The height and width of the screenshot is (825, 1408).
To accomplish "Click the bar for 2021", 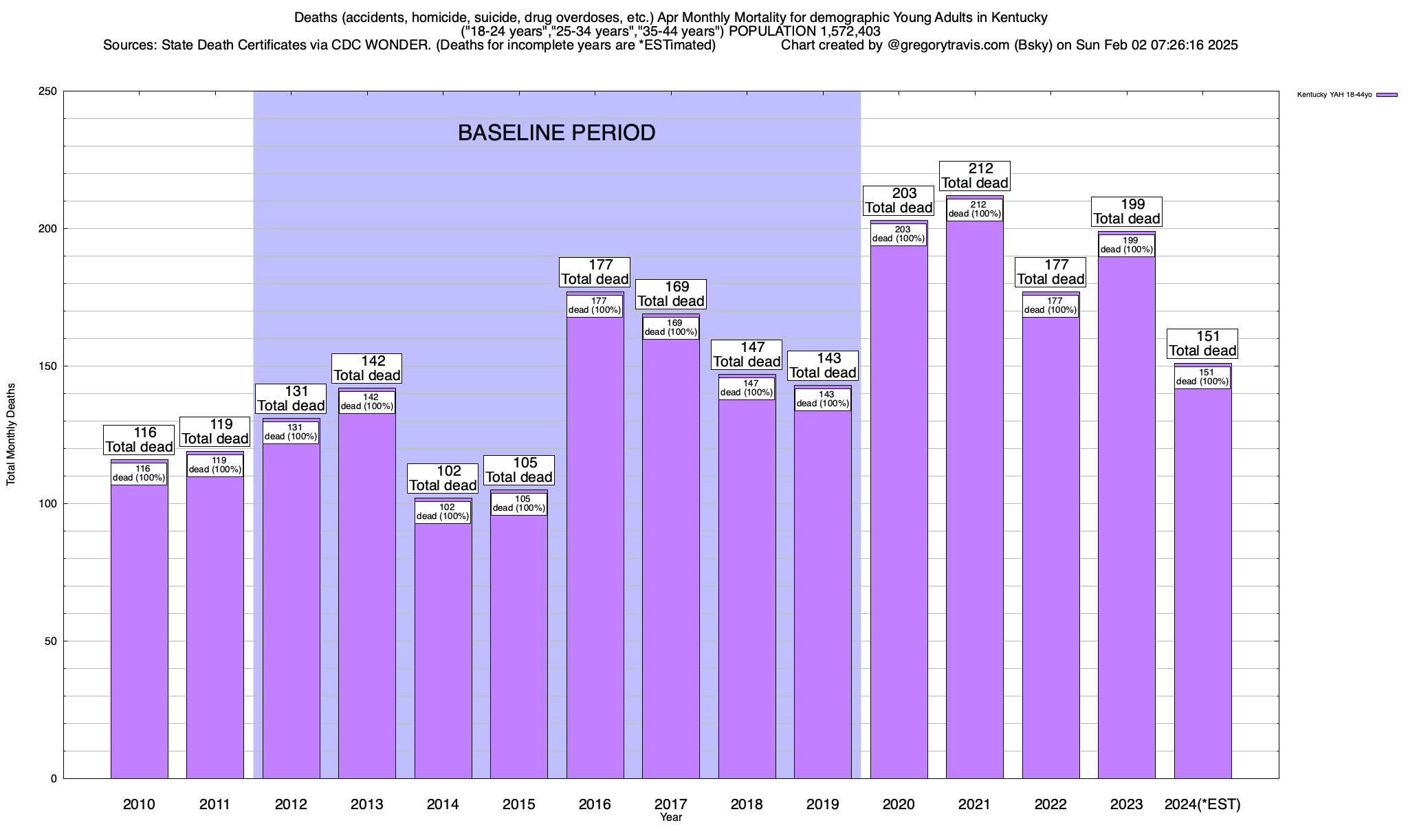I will tap(974, 495).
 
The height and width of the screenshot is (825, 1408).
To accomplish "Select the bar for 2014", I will tap(443, 646).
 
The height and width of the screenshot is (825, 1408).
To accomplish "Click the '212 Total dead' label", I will tap(975, 176).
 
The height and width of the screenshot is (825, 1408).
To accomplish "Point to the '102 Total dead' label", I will tap(443, 478).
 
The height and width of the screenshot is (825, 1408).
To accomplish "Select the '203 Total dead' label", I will tap(899, 201).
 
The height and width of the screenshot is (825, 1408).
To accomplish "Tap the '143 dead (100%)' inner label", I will tap(823, 399).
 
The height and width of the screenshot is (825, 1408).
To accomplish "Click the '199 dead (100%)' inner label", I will tap(1126, 245).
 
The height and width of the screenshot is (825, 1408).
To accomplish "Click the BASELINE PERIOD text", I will tap(556, 133).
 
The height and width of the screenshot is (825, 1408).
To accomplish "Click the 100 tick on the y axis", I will tap(49, 504).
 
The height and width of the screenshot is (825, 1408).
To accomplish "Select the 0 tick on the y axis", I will tap(54, 779).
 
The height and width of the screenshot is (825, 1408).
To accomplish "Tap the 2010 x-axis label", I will tap(139, 804).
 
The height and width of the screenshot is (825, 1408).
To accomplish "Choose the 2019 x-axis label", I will tap(822, 804).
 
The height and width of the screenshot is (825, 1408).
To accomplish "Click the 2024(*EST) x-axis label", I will tap(1202, 804).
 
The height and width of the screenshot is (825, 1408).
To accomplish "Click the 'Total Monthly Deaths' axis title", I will tap(11, 434).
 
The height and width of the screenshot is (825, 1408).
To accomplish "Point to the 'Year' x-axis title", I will tap(670, 817).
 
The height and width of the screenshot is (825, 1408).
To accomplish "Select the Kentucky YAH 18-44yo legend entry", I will tap(1347, 95).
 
